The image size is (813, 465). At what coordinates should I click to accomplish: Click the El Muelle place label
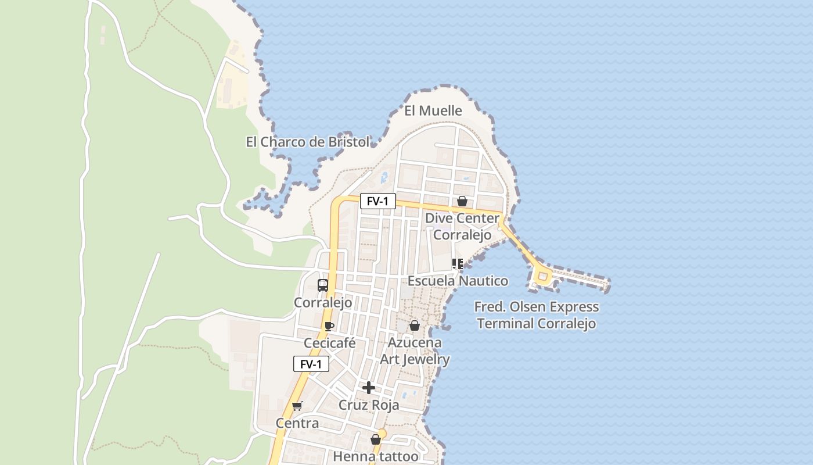tap(433, 110)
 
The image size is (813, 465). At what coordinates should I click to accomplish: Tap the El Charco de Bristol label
tap(307, 142)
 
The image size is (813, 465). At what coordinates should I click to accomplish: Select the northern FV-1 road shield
tap(377, 201)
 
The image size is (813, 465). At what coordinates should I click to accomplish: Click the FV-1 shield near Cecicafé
tap(311, 364)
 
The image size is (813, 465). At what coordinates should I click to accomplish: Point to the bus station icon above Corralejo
tap(323, 285)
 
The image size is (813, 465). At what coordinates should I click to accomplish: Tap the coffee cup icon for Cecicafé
tap(329, 326)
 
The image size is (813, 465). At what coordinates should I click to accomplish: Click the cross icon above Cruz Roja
tap(369, 388)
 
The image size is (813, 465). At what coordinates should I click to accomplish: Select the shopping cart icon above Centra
tap(297, 406)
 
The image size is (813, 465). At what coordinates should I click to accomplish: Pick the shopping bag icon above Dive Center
tap(462, 202)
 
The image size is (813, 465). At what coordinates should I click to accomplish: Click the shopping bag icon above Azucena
tap(415, 325)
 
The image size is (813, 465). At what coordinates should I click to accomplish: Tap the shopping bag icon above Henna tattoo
tap(376, 439)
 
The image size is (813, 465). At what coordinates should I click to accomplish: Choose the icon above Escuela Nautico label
tap(458, 264)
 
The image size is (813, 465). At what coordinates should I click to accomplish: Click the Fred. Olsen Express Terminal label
tap(536, 315)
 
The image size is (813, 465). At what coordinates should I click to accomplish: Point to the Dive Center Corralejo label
tap(462, 227)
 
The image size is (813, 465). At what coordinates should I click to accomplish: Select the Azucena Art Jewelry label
tap(415, 351)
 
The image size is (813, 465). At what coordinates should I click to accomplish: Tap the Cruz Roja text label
tap(369, 405)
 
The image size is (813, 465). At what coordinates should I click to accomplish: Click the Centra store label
tap(297, 423)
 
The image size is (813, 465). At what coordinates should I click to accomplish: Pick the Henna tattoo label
tap(376, 456)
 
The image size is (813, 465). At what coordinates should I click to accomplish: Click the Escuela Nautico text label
tap(458, 281)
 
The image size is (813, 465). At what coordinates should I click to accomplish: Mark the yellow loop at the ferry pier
tap(543, 277)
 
